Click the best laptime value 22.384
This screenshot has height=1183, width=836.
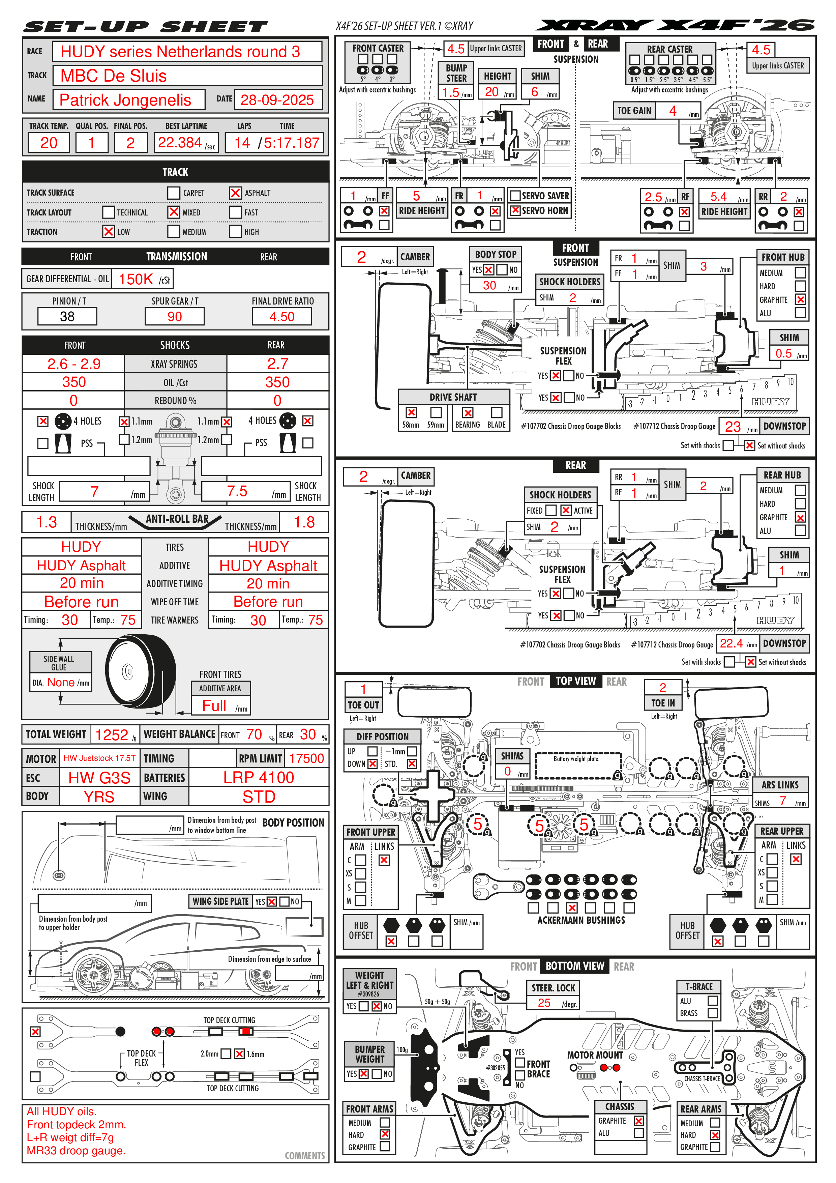(x=180, y=143)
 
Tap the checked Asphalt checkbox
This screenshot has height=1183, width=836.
(x=235, y=193)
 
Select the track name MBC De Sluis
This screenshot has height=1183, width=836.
(x=114, y=76)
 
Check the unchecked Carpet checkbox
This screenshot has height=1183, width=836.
(x=174, y=193)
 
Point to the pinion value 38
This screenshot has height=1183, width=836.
(x=67, y=316)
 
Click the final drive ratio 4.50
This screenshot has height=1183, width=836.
(x=282, y=316)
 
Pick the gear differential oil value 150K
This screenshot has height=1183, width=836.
(x=136, y=279)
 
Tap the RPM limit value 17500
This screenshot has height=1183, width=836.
(x=306, y=758)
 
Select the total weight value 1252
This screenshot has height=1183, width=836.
(x=111, y=735)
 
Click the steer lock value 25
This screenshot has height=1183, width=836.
(x=544, y=1003)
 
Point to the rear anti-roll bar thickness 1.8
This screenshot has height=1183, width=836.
(x=304, y=522)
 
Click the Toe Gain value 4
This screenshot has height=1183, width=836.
(x=673, y=111)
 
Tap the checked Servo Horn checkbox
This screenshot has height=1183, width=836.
(x=515, y=210)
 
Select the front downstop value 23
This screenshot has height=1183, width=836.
(x=733, y=427)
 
